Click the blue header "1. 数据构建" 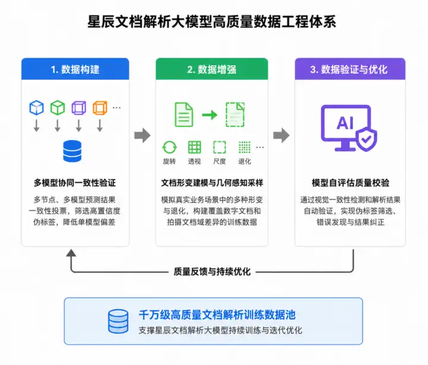75,69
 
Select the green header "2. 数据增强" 212,69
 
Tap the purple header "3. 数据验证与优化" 349,69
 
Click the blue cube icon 37,107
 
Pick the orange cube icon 100,107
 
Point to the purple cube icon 79,107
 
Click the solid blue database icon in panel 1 72,151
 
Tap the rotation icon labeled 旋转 169,147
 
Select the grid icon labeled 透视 194,147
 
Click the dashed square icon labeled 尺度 219,147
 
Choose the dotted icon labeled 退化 244,147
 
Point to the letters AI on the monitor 345,123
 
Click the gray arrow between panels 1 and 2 142,135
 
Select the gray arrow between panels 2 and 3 281,135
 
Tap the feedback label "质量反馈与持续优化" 212,271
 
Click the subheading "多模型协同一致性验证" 75,183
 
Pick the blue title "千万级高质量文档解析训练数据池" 217,315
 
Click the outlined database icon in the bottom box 118,321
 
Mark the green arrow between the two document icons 210,115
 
